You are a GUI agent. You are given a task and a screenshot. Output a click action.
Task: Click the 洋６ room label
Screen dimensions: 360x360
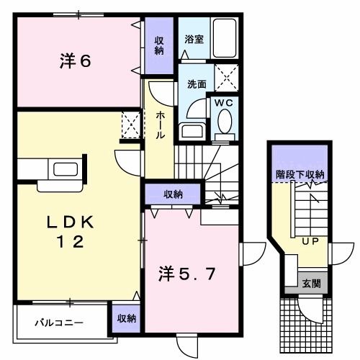(75, 62)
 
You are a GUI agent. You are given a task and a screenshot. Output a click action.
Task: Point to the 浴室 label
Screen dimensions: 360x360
(193, 40)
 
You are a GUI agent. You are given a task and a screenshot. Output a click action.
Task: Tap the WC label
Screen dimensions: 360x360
(224, 103)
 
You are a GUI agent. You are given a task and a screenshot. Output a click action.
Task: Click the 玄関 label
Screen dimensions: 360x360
(312, 282)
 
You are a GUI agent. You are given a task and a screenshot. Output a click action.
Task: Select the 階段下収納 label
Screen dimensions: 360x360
(300, 174)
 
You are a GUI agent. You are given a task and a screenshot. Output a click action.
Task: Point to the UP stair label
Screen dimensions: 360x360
(310, 240)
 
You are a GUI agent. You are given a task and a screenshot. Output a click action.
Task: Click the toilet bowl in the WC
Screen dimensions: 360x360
(224, 123)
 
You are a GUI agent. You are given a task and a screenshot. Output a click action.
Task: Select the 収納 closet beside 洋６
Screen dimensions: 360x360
(159, 45)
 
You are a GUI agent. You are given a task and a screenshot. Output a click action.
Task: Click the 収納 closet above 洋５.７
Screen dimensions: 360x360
(172, 194)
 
